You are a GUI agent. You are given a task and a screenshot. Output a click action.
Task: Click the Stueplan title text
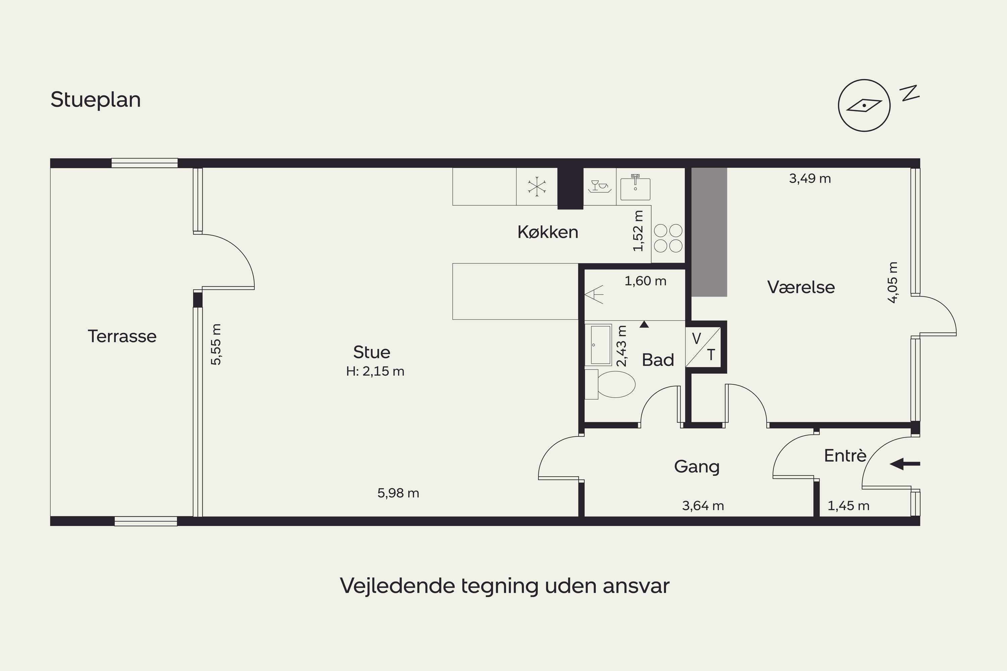click(x=95, y=100)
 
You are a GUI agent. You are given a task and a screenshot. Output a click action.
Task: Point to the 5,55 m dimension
click(x=217, y=345)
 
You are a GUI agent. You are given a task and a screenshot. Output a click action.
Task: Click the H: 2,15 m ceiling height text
click(x=375, y=371)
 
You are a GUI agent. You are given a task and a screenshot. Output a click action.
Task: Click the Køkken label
click(x=547, y=232)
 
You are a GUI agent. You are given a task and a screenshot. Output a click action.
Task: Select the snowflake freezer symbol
click(x=537, y=187)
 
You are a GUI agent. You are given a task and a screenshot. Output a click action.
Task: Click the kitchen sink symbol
click(x=635, y=188)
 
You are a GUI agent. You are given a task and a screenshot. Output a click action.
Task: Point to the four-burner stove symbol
click(x=668, y=238)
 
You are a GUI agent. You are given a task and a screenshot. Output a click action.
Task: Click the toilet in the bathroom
click(x=610, y=384)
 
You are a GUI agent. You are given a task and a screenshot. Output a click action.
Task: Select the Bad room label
click(x=658, y=360)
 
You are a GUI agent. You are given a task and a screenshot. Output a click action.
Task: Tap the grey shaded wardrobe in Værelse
click(x=710, y=232)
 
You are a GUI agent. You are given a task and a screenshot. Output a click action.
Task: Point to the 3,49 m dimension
click(x=810, y=178)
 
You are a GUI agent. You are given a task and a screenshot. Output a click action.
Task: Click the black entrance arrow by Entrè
click(x=905, y=463)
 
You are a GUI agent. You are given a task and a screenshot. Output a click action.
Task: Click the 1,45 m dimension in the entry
click(x=849, y=506)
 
